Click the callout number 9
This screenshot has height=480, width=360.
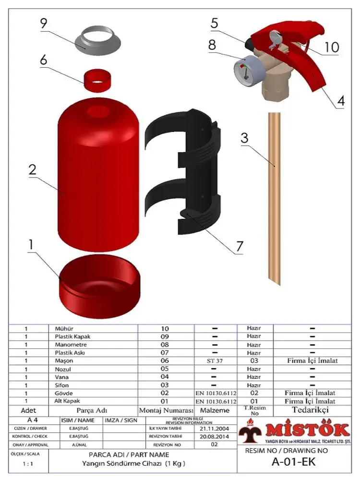pyautogui.click(x=43, y=23)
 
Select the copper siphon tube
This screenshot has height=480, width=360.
pyautogui.click(x=274, y=197)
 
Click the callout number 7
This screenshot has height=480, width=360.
pyautogui.click(x=239, y=246)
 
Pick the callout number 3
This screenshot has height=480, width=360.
pyautogui.click(x=244, y=138)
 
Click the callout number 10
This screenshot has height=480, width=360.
pyautogui.click(x=331, y=47)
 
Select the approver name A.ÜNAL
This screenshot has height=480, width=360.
pyautogui.click(x=78, y=445)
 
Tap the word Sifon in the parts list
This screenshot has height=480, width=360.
pyautogui.click(x=61, y=385)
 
